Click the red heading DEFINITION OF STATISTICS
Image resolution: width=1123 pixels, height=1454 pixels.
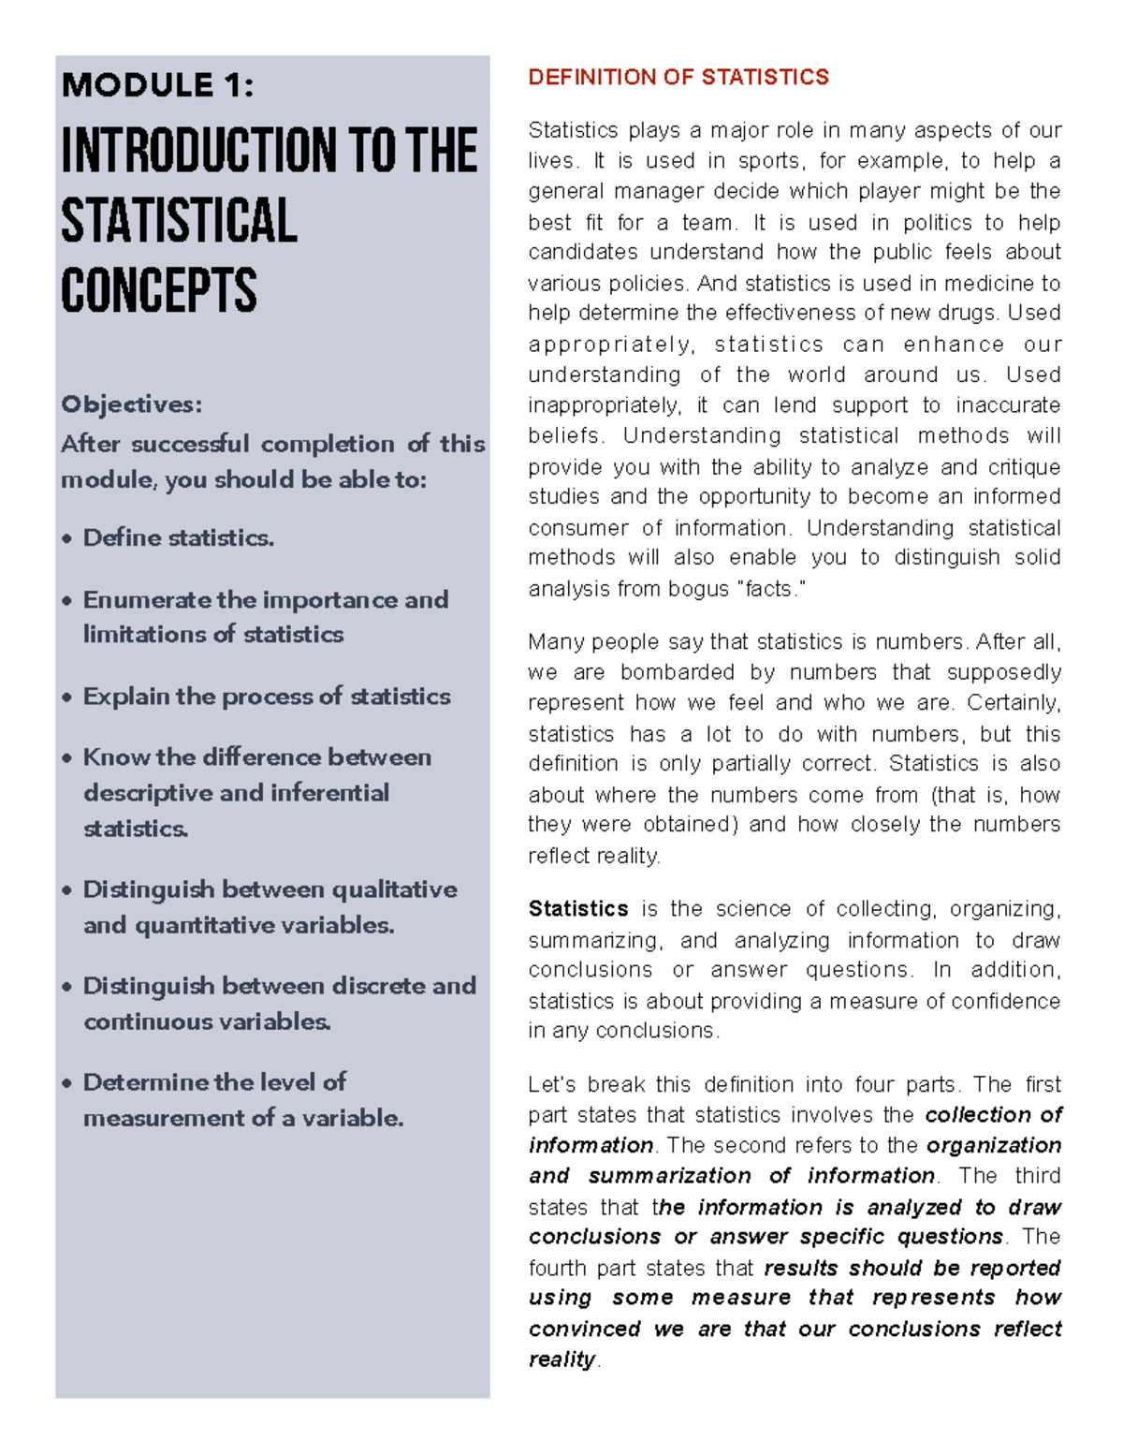[678, 77]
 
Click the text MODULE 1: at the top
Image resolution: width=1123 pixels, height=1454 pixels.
[157, 85]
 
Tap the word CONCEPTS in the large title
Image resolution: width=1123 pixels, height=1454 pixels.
[159, 290]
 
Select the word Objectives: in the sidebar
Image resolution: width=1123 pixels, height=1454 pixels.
[131, 404]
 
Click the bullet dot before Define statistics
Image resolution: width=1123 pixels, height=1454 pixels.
[66, 539]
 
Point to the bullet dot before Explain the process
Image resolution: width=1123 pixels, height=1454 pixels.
[66, 698]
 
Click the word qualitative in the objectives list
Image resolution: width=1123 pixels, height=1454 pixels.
[394, 889]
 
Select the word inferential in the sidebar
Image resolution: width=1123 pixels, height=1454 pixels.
[329, 793]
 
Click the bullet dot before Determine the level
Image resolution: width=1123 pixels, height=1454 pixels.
[66, 1083]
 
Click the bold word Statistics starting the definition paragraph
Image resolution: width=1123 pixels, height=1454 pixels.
[578, 908]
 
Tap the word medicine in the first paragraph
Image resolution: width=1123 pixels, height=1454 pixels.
[988, 284]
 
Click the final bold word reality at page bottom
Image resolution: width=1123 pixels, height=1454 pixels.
[561, 1359]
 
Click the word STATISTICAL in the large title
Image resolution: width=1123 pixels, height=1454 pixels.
[180, 221]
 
